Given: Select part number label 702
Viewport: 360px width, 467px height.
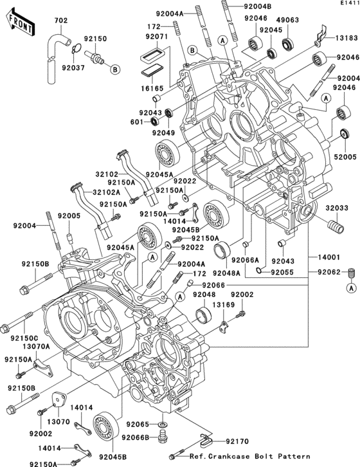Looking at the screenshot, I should pos(61,21).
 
